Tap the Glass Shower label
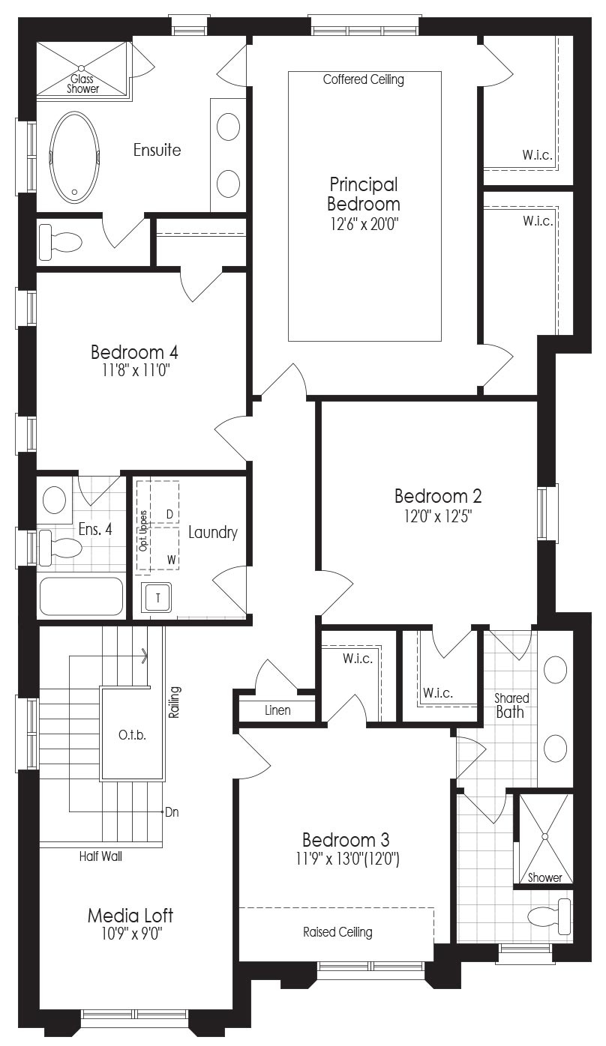click(82, 84)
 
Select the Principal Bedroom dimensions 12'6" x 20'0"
click(364, 225)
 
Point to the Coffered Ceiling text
click(364, 79)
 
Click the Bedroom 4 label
click(134, 351)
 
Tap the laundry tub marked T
click(157, 598)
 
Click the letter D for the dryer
click(169, 514)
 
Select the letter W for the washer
click(172, 560)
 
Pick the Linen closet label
click(277, 710)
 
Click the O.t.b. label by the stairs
click(132, 735)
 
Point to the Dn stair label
click(172, 812)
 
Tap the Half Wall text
click(100, 856)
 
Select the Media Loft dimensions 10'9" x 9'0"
click(130, 934)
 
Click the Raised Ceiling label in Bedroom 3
click(337, 932)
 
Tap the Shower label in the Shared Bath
click(544, 877)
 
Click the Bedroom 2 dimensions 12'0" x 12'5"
click(438, 516)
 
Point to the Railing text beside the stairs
click(174, 702)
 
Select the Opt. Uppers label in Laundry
click(143, 530)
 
